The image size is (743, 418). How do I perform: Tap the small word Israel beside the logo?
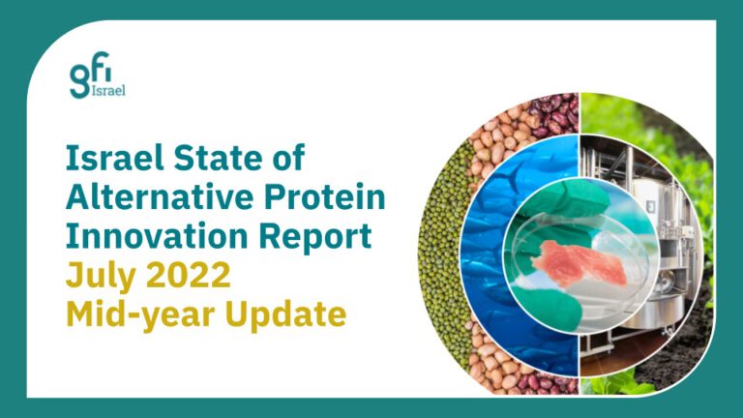tap(108, 91)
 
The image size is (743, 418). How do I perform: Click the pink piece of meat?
tap(573, 263)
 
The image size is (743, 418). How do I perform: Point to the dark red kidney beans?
tap(553, 114)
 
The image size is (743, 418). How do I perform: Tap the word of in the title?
tap(287, 158)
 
